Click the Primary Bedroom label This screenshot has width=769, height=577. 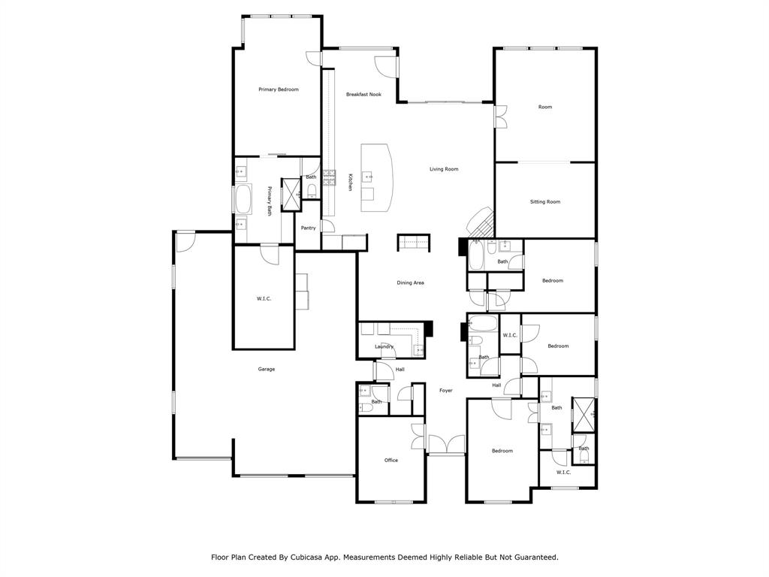[278, 89]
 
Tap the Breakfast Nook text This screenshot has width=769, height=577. [363, 95]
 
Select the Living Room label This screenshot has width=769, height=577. [444, 169]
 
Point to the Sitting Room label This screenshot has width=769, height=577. [545, 201]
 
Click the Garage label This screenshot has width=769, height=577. [266, 369]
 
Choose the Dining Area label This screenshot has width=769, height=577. [411, 282]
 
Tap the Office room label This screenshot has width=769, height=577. [391, 460]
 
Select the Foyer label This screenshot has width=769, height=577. [446, 390]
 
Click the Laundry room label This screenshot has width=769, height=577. [384, 346]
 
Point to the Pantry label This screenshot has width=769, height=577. [308, 228]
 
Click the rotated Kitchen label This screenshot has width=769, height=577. [350, 182]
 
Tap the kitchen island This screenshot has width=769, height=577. [377, 178]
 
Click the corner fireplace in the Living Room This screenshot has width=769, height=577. [479, 222]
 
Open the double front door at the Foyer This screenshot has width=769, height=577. [446, 444]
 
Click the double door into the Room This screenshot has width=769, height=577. [499, 117]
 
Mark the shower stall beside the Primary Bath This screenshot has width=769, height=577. [290, 193]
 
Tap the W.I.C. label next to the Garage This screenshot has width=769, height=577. [264, 299]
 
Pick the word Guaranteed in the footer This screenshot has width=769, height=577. [530, 557]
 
